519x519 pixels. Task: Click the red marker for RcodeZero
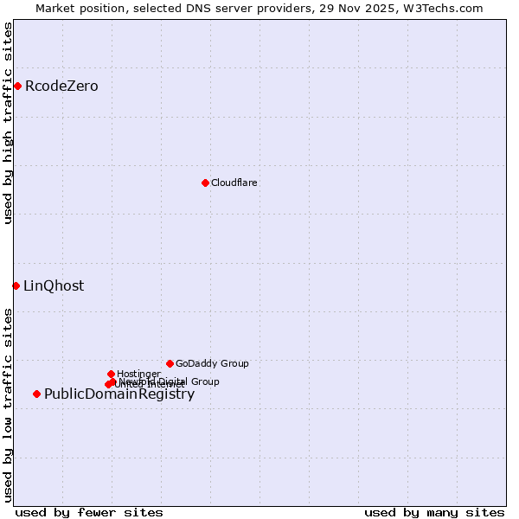(17, 86)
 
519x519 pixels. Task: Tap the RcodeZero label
(61, 86)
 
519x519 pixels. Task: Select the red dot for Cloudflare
(205, 183)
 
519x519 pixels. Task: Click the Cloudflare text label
(234, 183)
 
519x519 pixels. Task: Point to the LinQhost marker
(16, 285)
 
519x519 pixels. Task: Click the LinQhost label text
(54, 286)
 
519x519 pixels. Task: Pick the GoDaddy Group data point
(170, 363)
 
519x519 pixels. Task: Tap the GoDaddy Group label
(212, 364)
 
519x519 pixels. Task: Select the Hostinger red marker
(111, 374)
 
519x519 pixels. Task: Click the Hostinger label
(138, 375)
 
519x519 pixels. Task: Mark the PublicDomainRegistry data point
(36, 394)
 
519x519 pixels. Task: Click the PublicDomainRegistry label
(119, 394)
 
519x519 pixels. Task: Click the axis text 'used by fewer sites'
(89, 513)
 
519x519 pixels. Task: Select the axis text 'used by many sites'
(434, 513)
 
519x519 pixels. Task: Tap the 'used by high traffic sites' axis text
(9, 123)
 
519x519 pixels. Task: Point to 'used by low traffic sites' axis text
(9, 404)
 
